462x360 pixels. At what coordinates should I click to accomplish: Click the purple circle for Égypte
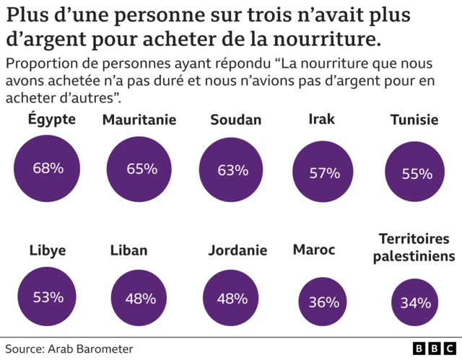pos(48,168)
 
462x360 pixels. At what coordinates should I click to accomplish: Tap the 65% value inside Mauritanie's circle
pos(141,169)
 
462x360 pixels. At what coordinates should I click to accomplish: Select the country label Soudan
pos(235,120)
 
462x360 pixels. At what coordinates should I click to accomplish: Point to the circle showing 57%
pos(324,172)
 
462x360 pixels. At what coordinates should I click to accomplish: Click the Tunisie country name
pos(414,120)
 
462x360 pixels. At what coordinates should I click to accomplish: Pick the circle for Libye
pos(48,297)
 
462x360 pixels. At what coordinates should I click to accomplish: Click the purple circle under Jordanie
pos(232,297)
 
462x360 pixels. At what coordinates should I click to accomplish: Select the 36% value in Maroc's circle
pos(323,302)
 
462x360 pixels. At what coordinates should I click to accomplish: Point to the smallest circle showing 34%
pos(415,302)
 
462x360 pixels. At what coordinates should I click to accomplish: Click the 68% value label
pos(48,168)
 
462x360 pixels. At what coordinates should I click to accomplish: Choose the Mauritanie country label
pos(139,120)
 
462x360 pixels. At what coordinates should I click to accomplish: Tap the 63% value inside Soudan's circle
pos(232,170)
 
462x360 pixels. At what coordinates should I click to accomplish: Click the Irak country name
pos(321,119)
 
